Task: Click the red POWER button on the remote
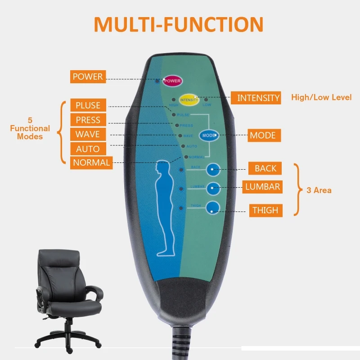(172, 81)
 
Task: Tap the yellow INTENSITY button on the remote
(189, 99)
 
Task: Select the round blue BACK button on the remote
(213, 170)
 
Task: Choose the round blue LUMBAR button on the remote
(213, 189)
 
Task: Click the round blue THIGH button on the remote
(213, 207)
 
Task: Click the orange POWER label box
(88, 76)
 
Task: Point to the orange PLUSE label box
(88, 105)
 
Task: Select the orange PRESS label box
(88, 120)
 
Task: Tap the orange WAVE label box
(88, 135)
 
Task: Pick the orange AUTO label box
(88, 149)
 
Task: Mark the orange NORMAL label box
(91, 162)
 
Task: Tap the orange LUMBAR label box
(263, 187)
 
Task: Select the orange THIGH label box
(265, 210)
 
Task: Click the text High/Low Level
(321, 97)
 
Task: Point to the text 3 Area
(319, 190)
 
